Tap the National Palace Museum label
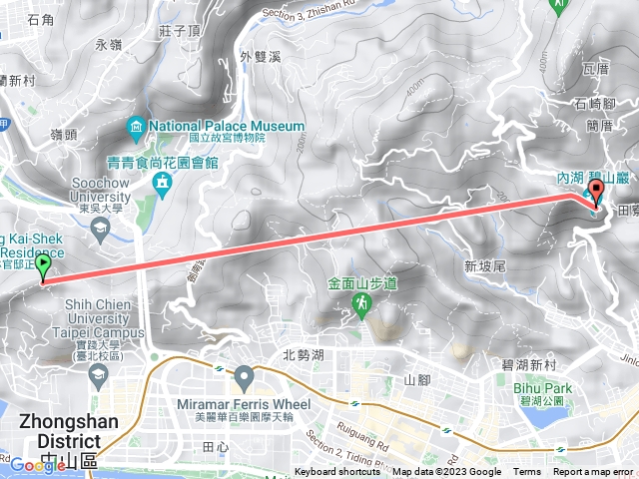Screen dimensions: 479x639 coord(227,126)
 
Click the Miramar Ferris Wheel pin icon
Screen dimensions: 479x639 coord(246,378)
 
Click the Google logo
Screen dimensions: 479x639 coord(29,465)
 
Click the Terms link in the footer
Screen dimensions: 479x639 coord(527,472)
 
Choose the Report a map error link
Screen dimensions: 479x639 coord(593,472)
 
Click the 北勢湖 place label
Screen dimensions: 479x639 coord(304,354)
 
